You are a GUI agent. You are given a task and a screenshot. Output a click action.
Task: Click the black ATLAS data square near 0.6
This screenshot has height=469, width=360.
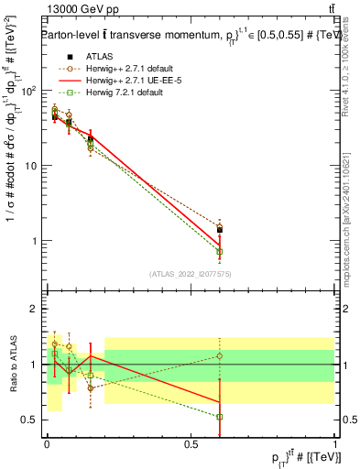tap(220, 230)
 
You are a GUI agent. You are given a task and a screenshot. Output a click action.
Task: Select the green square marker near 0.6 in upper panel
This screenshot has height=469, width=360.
tap(220, 251)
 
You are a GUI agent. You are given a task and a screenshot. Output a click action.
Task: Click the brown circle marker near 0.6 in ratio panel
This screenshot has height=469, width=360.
tap(220, 355)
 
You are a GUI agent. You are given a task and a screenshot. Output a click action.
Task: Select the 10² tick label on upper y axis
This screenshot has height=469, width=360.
tap(31, 91)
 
